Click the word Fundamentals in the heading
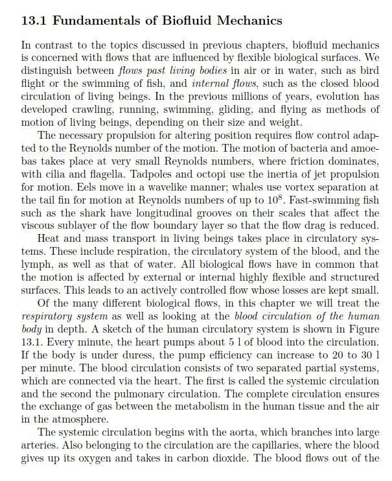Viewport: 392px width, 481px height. (x=95, y=21)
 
